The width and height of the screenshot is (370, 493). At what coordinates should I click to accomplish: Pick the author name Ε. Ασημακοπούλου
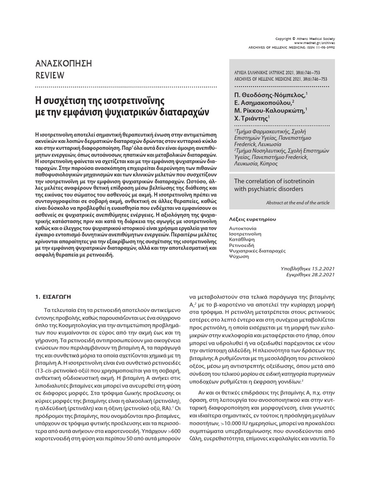pyautogui.click(x=264, y=103)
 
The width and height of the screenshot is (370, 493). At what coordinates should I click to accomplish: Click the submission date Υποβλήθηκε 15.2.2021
pyautogui.click(x=307, y=268)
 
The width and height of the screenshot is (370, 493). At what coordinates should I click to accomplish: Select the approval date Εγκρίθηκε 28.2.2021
pyautogui.click(x=309, y=274)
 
